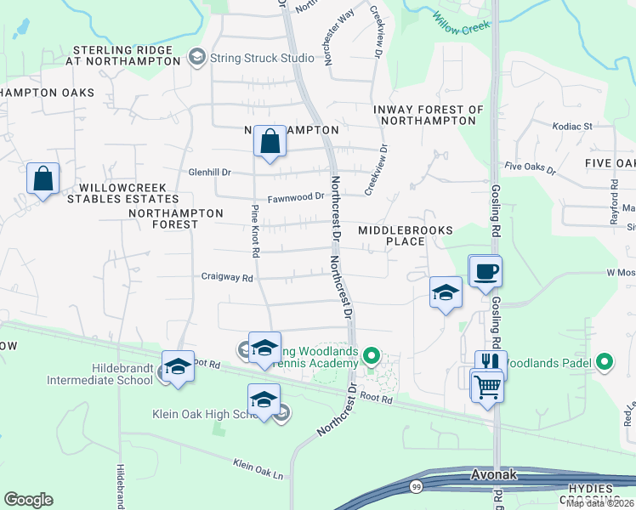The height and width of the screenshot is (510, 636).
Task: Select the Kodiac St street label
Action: (x=572, y=126)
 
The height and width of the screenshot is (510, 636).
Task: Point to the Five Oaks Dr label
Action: (x=529, y=169)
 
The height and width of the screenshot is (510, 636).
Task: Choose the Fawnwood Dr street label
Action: (x=297, y=197)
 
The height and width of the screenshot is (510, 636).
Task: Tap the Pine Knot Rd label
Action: (x=254, y=230)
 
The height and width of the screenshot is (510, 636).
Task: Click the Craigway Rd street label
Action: (x=227, y=277)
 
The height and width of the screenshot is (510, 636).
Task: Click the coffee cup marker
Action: (x=486, y=271)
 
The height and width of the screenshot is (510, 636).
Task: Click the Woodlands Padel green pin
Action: (x=605, y=362)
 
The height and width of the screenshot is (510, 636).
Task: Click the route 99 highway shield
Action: (x=416, y=485)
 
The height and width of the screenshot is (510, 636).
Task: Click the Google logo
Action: (x=29, y=500)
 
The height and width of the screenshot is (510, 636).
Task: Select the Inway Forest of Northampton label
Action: (x=429, y=115)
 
